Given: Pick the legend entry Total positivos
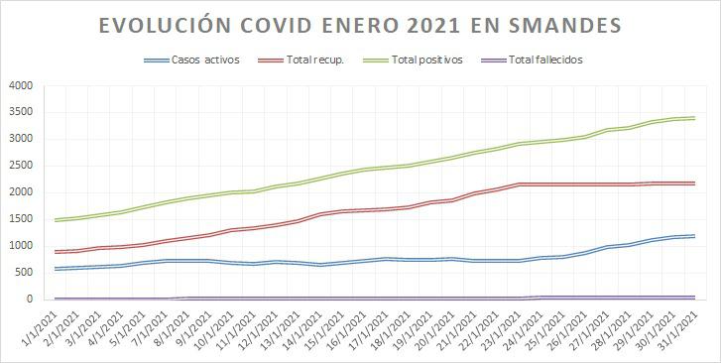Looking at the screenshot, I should click(x=426, y=60).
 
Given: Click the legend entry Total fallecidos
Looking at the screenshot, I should click(x=544, y=60).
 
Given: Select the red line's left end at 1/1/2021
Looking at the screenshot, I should click(x=56, y=251).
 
